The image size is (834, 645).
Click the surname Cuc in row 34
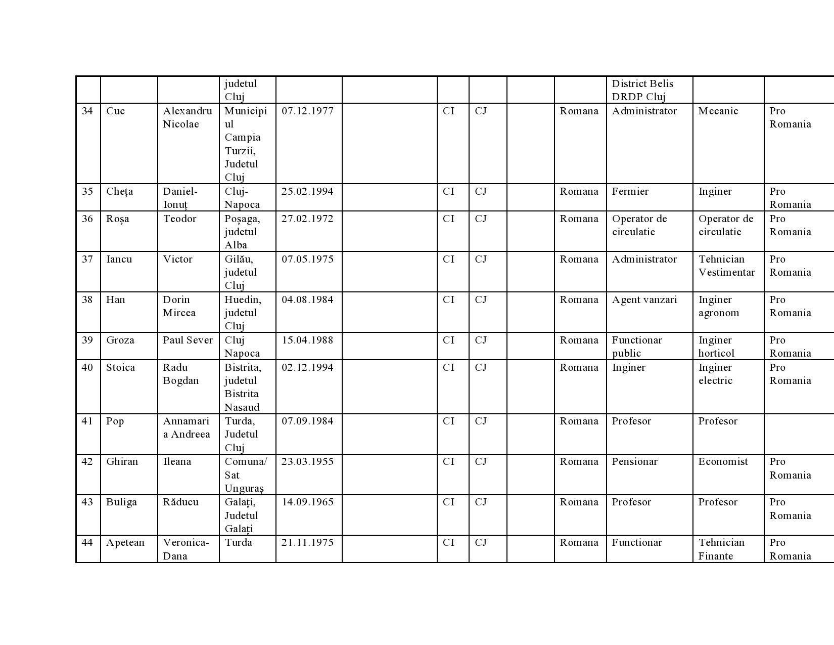115,111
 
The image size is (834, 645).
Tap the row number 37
87,260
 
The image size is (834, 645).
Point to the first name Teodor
179,219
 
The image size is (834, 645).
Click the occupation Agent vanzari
644,300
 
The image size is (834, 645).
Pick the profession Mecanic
718,111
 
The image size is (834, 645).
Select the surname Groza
120,340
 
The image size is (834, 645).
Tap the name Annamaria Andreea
186,428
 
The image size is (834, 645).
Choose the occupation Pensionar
634,462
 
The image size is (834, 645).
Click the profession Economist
723,462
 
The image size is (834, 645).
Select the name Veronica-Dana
186,549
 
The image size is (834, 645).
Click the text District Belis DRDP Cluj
642,90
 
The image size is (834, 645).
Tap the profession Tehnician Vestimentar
726,266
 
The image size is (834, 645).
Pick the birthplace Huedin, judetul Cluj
243,313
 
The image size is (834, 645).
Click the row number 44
87,543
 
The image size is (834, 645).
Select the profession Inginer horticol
716,347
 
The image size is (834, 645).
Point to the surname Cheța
119,192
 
